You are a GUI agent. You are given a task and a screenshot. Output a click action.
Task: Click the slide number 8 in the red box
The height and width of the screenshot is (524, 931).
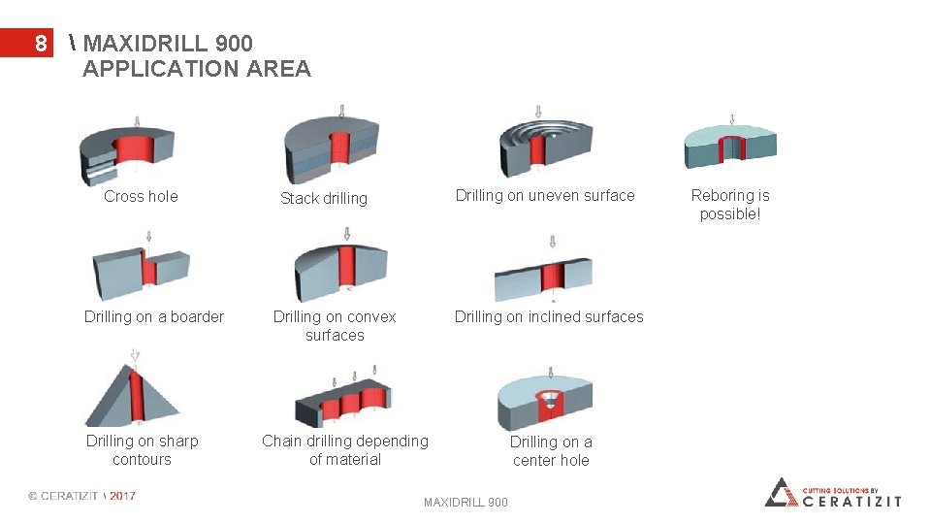(x=40, y=44)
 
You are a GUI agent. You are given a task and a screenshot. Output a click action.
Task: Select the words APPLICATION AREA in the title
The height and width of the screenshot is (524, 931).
(x=197, y=69)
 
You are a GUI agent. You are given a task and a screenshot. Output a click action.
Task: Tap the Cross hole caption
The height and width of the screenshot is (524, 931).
(x=141, y=196)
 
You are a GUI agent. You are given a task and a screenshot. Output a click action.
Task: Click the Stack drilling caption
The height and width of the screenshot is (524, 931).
(x=324, y=198)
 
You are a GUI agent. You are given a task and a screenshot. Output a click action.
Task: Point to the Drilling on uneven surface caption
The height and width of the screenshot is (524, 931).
(x=545, y=195)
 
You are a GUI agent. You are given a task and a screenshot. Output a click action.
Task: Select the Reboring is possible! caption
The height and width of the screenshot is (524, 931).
(x=730, y=205)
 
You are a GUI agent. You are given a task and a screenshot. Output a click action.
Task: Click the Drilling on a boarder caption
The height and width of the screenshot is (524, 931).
(x=154, y=316)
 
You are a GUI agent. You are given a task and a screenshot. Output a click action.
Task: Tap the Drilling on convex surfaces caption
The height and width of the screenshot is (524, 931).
(x=335, y=326)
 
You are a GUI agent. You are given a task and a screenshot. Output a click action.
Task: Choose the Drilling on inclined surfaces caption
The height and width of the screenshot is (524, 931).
(x=549, y=316)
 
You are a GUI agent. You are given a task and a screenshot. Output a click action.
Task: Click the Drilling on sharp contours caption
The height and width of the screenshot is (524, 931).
(x=142, y=450)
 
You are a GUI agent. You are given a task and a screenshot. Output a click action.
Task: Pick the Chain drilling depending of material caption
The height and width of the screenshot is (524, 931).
(x=345, y=450)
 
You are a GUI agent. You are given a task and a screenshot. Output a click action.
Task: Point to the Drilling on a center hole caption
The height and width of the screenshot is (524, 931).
(x=551, y=451)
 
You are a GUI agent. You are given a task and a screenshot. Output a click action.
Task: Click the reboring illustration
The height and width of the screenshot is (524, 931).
(x=730, y=146)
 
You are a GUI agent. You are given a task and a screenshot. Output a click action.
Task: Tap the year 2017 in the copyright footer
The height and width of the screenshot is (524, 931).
(x=122, y=496)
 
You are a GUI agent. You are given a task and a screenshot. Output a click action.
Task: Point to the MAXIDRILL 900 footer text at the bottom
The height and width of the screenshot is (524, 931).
(x=465, y=503)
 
